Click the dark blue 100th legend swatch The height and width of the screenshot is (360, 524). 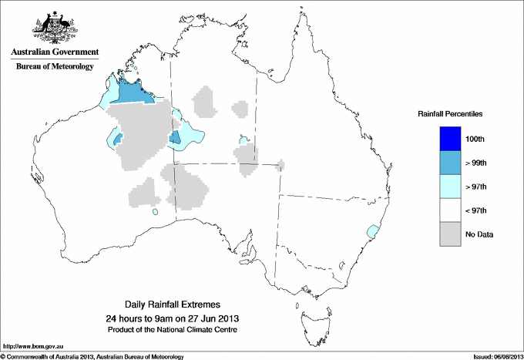452,139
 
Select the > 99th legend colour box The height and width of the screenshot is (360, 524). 452,163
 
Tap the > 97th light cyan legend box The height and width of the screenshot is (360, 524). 452,187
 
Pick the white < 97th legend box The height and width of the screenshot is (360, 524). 452,210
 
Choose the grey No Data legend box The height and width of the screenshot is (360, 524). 452,234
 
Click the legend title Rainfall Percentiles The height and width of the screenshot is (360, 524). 450,114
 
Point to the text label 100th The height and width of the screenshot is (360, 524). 476,139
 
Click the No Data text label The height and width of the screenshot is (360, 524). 480,234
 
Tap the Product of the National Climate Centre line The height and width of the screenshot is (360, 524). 178,330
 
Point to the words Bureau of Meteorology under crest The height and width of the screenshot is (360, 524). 55,67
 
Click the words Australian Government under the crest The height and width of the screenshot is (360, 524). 55,52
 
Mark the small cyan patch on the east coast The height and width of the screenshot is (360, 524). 374,230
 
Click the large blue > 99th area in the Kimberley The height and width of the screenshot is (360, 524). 136,94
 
